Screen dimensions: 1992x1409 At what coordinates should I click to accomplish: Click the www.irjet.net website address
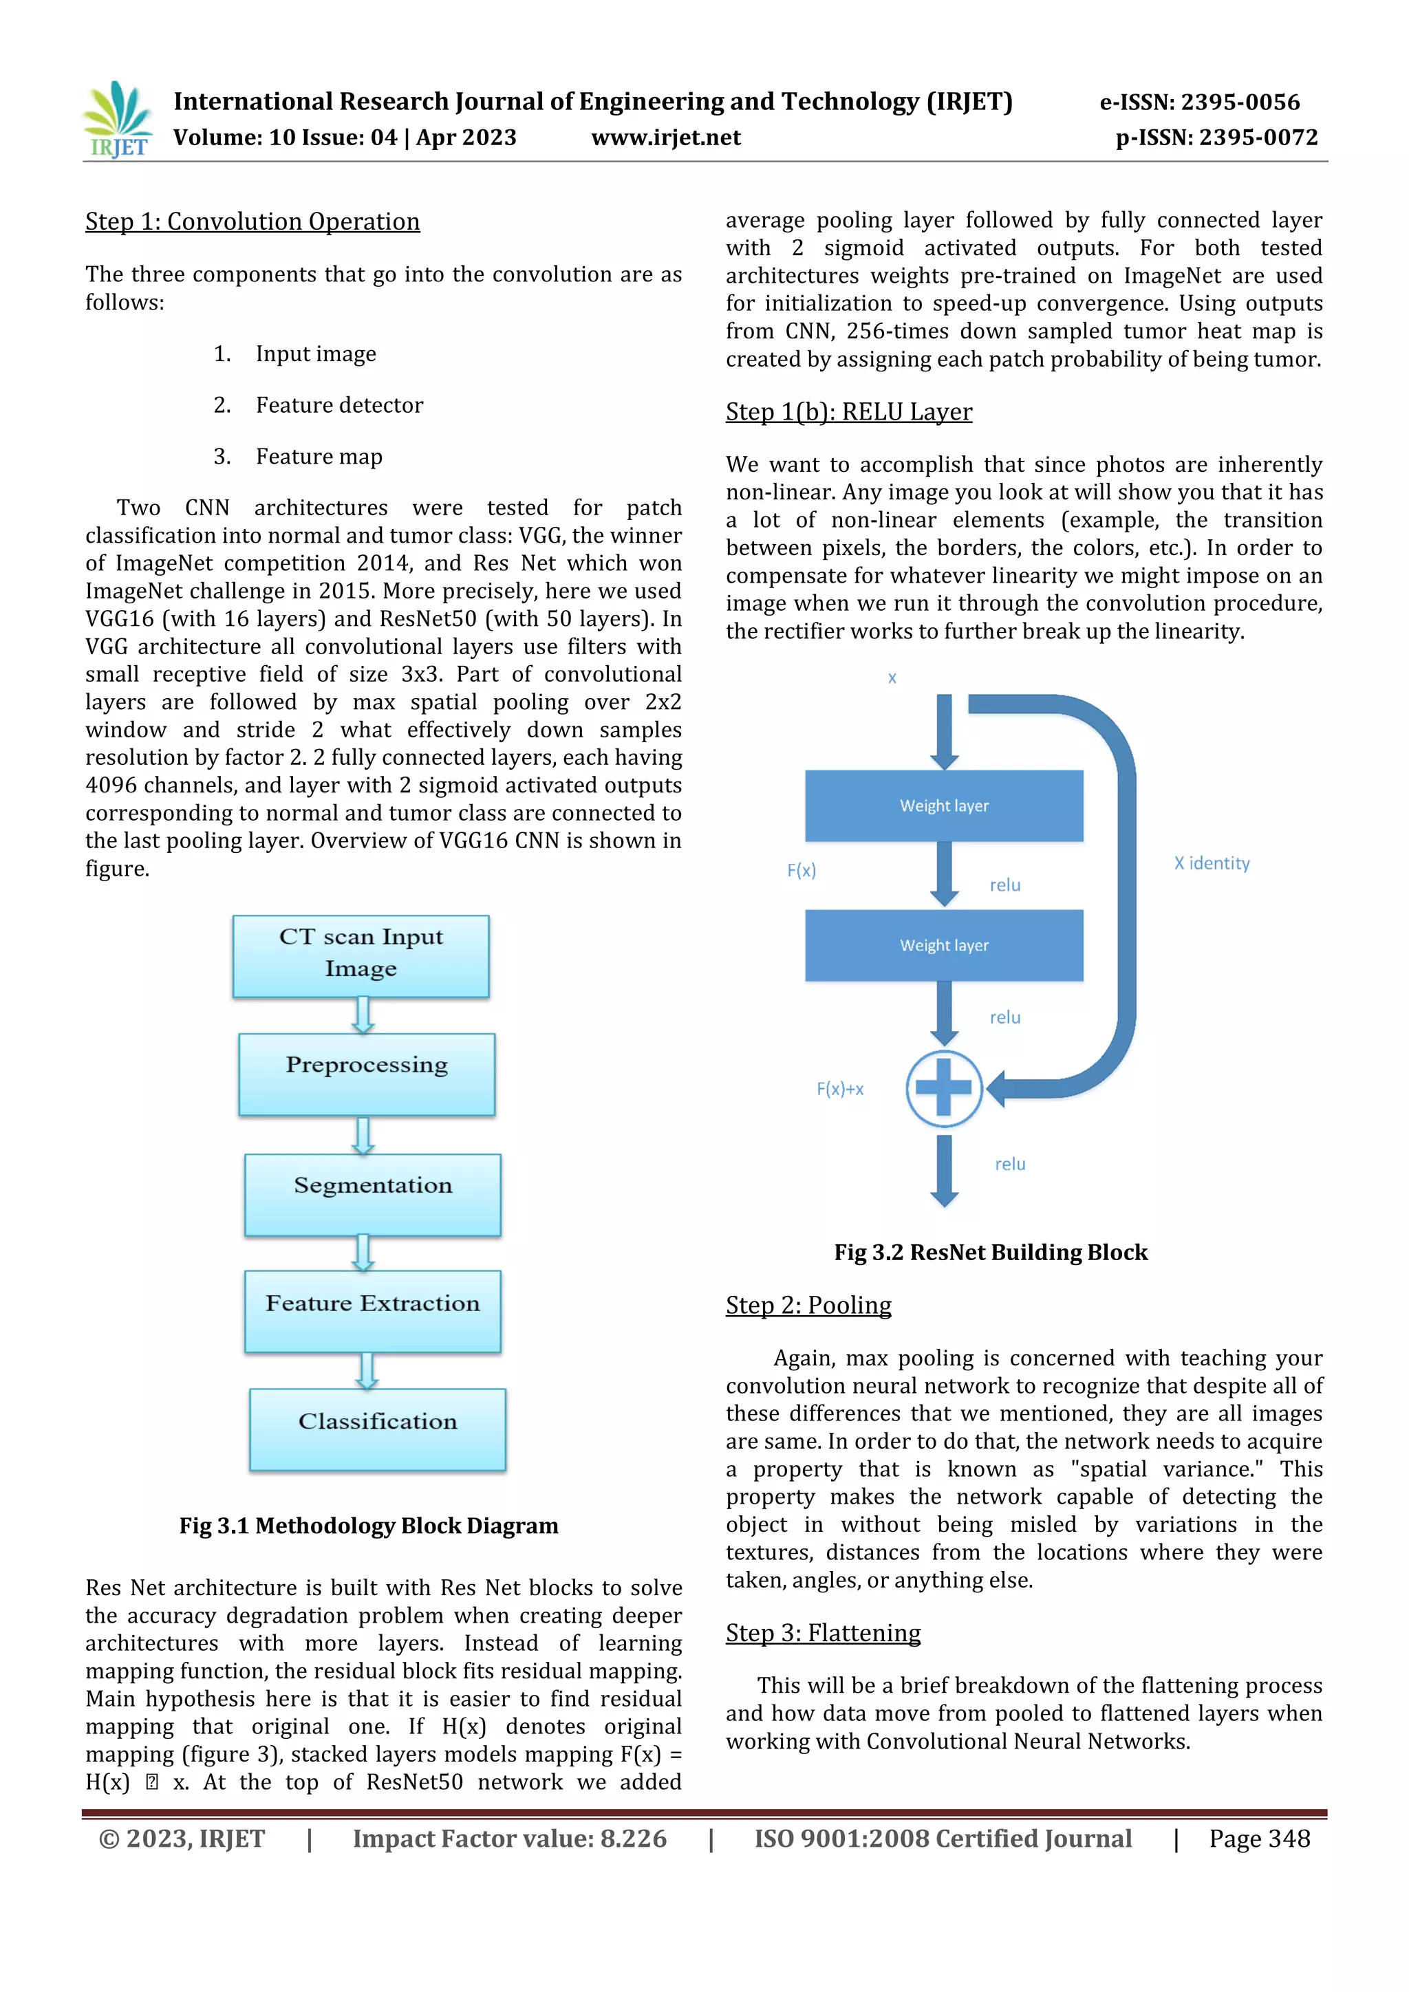click(x=665, y=138)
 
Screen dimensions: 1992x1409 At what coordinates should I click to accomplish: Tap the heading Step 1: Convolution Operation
click(x=252, y=222)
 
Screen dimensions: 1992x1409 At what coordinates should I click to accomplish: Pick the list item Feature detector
click(x=339, y=405)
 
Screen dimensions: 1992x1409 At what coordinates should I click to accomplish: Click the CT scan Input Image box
click(x=361, y=955)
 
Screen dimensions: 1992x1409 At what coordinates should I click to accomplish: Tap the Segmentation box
click(x=373, y=1194)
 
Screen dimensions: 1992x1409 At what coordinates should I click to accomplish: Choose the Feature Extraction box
click(x=373, y=1311)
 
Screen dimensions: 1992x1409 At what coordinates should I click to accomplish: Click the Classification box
click(x=378, y=1429)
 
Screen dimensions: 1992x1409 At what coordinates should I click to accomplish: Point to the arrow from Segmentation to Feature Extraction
click(x=363, y=1253)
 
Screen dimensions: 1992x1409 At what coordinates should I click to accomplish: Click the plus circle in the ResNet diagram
click(x=944, y=1088)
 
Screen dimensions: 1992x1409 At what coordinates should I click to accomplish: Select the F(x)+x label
click(x=840, y=1089)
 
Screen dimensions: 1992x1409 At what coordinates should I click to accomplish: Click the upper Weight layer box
click(x=944, y=806)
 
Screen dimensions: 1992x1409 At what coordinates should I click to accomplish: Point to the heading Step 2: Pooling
click(x=808, y=1305)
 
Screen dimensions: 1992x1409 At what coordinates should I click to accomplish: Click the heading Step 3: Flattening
click(x=824, y=1633)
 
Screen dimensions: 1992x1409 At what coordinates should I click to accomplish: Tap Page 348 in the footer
click(x=1259, y=1839)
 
